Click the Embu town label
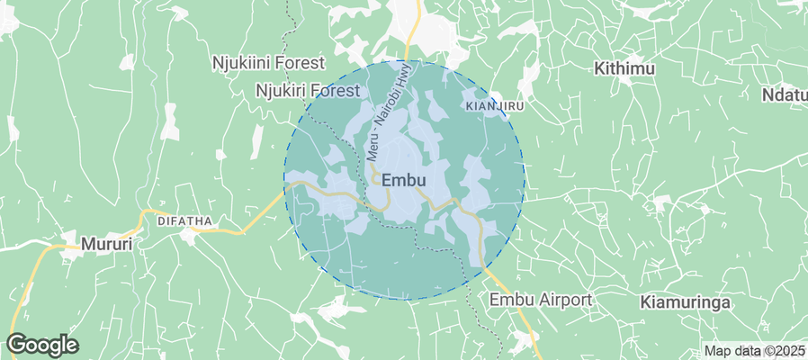pyautogui.click(x=403, y=180)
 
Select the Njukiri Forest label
pyautogui.click(x=308, y=90)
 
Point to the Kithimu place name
pyautogui.click(x=626, y=68)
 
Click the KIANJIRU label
pyautogui.click(x=495, y=106)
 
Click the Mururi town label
pyautogui.click(x=107, y=243)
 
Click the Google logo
pyautogui.click(x=42, y=344)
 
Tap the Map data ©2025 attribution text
pyautogui.click(x=754, y=351)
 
